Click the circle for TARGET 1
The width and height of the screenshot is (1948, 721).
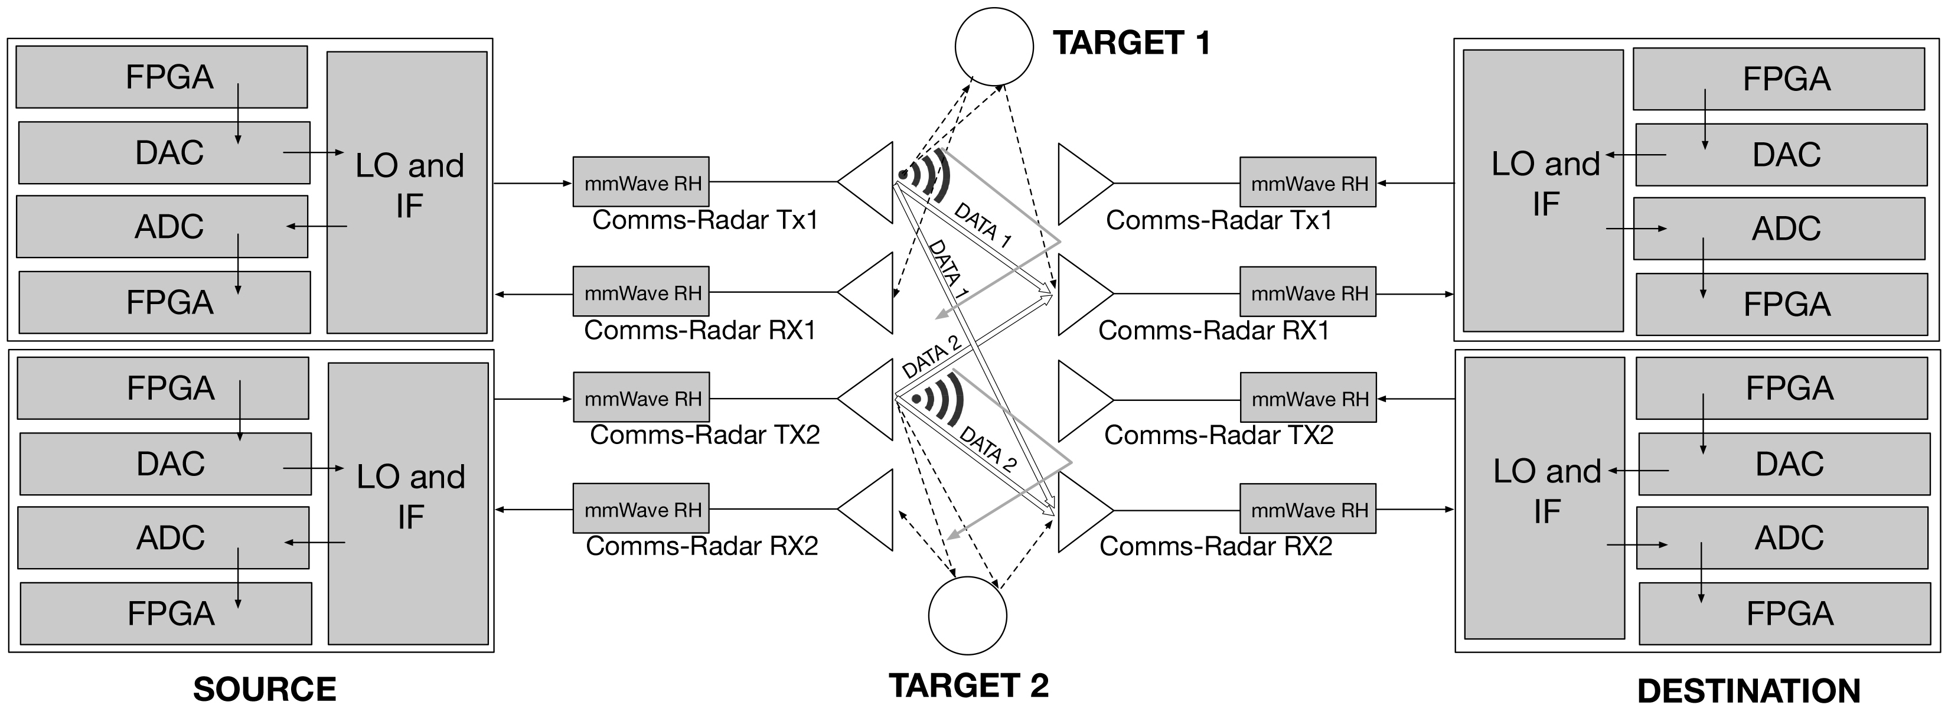(994, 46)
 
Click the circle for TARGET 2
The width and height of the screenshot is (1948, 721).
(967, 615)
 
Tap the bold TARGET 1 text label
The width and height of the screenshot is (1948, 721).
(1131, 43)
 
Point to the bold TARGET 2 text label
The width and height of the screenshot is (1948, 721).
(969, 686)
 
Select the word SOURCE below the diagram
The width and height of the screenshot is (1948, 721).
(265, 689)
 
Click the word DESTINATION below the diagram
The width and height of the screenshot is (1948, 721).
(1748, 691)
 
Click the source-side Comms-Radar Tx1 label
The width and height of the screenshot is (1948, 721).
(705, 220)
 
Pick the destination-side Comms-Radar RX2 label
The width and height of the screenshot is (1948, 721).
(1215, 546)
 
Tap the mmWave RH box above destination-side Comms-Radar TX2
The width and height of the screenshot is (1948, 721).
(1309, 398)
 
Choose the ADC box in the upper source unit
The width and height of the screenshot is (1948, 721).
(162, 226)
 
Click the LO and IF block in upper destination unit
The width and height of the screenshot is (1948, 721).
(1543, 191)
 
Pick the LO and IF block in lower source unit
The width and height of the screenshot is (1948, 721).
(409, 503)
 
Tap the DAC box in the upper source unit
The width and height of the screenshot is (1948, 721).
(164, 153)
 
